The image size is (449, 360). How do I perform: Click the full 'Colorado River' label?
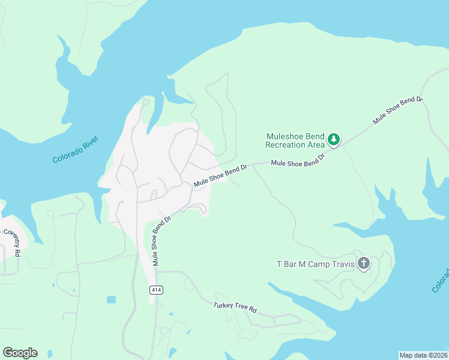[x=75, y=150]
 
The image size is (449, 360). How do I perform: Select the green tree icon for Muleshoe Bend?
[x=334, y=140]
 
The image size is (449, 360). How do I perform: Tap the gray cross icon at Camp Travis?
[x=363, y=263]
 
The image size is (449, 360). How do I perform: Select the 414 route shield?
[x=156, y=290]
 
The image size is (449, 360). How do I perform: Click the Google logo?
[x=20, y=353]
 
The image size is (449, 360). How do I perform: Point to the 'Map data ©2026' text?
[x=423, y=355]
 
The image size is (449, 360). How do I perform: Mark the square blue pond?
[x=111, y=299]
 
